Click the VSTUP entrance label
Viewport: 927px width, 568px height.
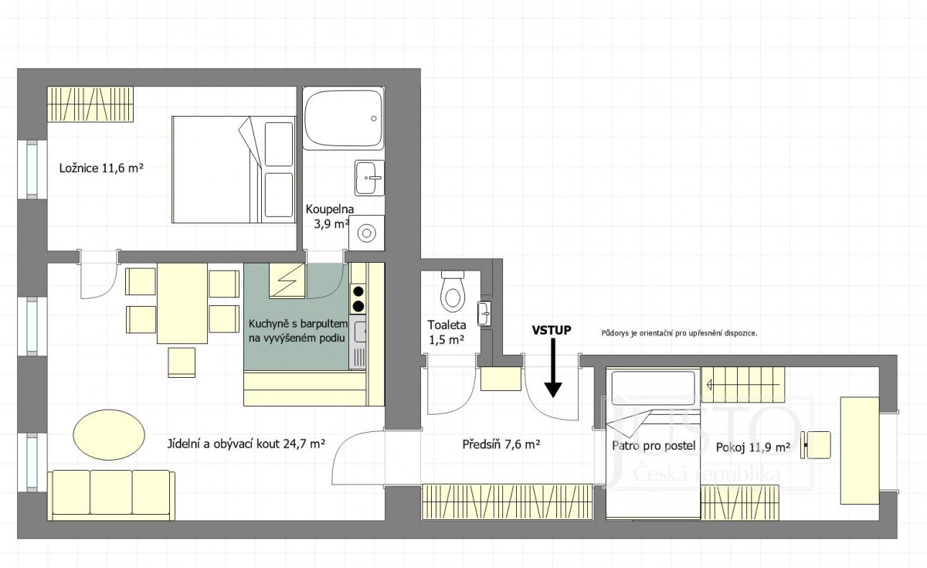[x=552, y=330]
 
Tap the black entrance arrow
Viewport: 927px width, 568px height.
[x=553, y=368]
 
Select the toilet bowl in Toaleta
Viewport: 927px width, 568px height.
[x=453, y=291]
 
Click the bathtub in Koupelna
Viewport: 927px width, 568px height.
[x=343, y=118]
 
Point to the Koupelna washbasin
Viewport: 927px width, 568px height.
[x=369, y=178]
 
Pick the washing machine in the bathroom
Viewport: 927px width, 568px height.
[x=366, y=233]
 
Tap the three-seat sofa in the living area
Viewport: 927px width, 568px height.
[x=111, y=495]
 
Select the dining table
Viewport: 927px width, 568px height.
[x=182, y=303]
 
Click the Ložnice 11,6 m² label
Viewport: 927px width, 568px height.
[x=101, y=168]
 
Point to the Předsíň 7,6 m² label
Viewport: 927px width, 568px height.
[x=501, y=444]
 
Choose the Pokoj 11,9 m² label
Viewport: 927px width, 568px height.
[x=752, y=447]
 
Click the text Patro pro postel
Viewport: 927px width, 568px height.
[x=654, y=446]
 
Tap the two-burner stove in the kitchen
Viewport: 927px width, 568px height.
[x=358, y=299]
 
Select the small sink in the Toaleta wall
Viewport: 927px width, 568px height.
[x=484, y=314]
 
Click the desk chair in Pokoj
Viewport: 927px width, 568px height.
[x=815, y=445]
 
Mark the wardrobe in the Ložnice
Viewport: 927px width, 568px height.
[x=90, y=104]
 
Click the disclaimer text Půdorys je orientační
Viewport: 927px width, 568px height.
[x=679, y=333]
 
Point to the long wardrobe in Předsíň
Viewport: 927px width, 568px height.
[x=508, y=502]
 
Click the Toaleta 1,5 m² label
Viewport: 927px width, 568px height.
[x=447, y=332]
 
